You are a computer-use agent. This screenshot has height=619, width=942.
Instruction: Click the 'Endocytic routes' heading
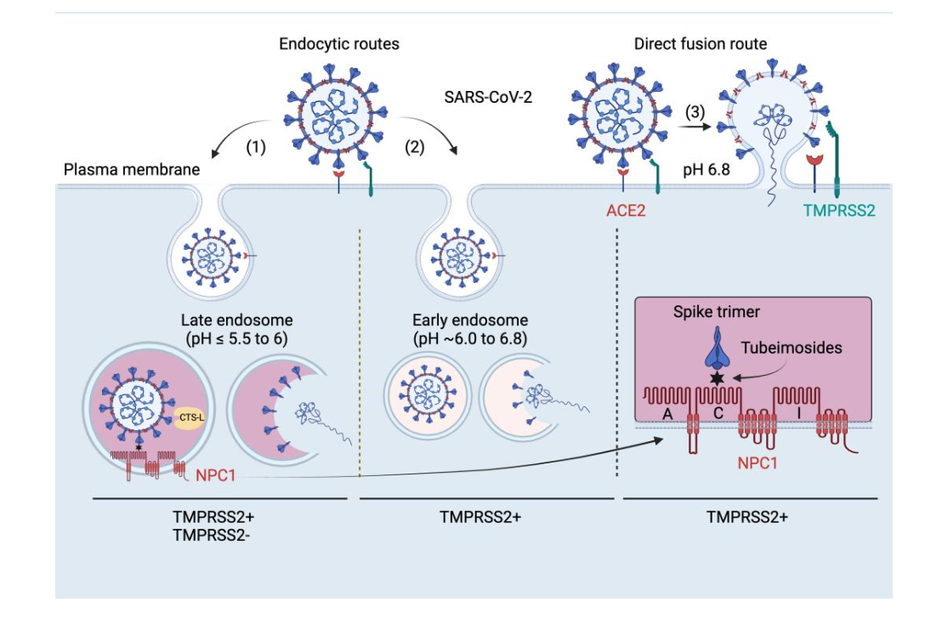tap(339, 43)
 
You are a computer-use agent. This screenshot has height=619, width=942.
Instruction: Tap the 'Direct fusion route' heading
tap(700, 43)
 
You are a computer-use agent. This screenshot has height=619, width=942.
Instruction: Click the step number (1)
tap(256, 146)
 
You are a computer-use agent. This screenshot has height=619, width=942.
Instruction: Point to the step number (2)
tap(414, 146)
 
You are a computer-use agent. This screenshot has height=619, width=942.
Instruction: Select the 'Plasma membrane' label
tap(132, 169)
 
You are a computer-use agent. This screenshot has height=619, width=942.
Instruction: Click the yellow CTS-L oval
tap(188, 417)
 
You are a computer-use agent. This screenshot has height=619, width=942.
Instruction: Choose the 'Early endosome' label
tap(470, 321)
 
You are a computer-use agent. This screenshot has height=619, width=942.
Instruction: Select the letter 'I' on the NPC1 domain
tap(797, 412)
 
